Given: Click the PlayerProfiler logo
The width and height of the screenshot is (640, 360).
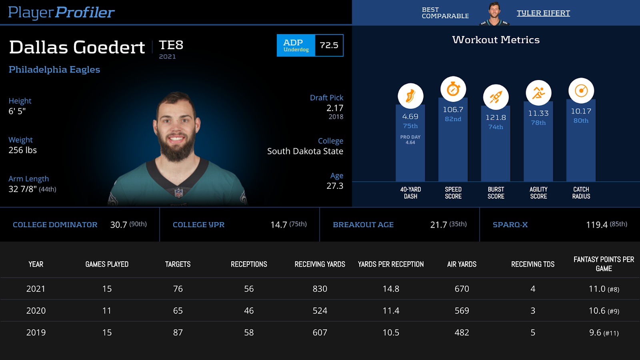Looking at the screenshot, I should (61, 12).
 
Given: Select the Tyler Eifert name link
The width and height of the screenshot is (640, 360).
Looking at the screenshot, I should (543, 13).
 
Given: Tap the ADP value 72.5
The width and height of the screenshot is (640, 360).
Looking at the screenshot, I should (329, 45).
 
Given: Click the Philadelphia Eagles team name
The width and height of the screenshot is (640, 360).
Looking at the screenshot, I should (54, 69).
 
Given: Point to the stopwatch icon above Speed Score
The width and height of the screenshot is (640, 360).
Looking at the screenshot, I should (453, 89).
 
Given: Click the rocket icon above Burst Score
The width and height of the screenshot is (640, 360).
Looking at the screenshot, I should (496, 97).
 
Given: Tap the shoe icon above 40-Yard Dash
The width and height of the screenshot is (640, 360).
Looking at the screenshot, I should (410, 96).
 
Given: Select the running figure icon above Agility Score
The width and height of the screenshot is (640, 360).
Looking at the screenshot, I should (538, 93).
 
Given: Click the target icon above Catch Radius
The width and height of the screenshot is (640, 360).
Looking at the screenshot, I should (581, 91).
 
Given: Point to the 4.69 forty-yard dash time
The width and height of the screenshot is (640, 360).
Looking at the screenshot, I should (410, 116).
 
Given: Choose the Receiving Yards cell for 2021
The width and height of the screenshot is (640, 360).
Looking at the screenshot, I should (320, 289).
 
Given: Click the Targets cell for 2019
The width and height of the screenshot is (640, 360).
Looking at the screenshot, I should (178, 332).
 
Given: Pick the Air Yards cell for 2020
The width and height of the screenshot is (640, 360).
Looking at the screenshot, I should (462, 311).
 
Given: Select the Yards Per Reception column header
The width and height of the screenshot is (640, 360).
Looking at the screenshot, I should (390, 264).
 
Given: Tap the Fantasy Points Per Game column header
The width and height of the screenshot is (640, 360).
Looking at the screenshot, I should (604, 264).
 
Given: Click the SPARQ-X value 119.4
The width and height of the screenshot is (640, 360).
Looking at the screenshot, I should (596, 225).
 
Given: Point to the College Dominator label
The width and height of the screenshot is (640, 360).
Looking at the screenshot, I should (55, 225).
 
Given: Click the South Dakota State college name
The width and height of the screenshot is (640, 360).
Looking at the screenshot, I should (305, 151).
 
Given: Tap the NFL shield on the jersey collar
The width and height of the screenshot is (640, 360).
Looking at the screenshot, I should (178, 193).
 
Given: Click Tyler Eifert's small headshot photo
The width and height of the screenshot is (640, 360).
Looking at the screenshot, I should (495, 14).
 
